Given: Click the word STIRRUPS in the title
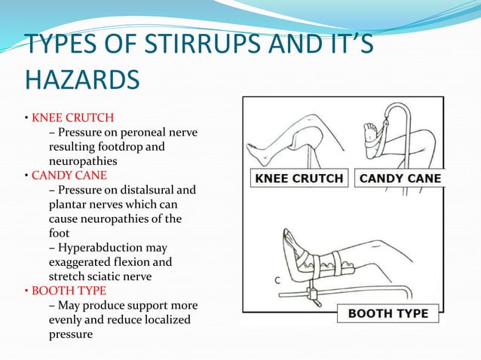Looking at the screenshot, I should click(x=172, y=46).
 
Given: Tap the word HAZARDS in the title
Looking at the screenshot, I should click(x=72, y=79).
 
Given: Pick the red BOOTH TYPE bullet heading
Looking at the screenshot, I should click(x=69, y=290).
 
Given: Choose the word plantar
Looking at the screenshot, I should click(x=66, y=204).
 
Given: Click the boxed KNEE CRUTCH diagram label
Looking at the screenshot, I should click(x=298, y=178).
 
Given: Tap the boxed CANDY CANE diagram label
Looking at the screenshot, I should click(x=400, y=178).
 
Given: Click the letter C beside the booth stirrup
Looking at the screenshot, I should click(x=278, y=280).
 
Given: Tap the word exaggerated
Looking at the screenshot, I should click(x=87, y=261).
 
